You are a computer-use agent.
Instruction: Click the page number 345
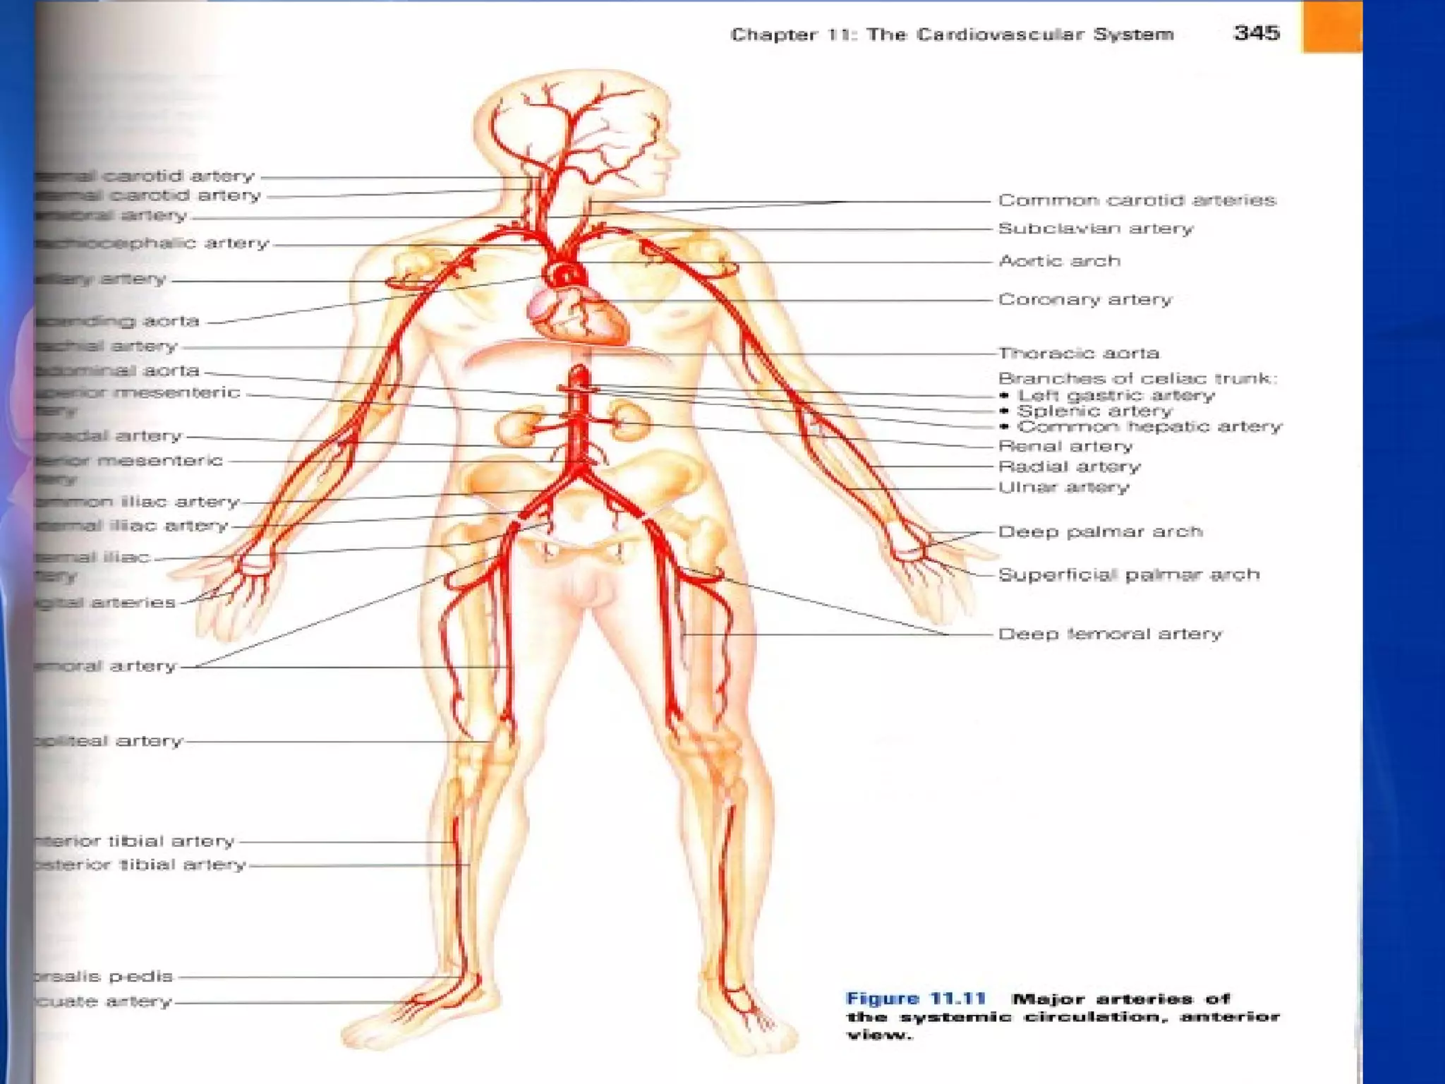[1256, 33]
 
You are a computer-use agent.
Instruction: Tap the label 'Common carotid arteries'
[1137, 200]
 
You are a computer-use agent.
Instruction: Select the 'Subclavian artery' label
[1095, 229]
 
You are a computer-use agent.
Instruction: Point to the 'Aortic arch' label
[1059, 261]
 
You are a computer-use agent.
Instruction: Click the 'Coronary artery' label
[1084, 300]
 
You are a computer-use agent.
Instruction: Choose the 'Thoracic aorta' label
[1079, 353]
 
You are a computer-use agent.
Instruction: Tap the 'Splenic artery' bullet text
[1094, 411]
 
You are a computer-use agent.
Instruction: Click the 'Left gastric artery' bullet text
[1116, 395]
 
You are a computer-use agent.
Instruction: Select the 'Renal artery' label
[1065, 446]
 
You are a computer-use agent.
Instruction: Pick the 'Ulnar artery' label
[1063, 487]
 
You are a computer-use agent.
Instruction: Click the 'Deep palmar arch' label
[1100, 531]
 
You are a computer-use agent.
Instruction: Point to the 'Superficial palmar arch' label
[1128, 574]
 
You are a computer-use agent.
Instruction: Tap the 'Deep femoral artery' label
[1110, 634]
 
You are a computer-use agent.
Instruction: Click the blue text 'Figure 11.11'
[915, 999]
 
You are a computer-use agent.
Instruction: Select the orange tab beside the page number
[1331, 27]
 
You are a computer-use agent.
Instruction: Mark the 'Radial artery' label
[1069, 466]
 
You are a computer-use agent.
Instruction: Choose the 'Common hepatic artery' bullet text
[1149, 426]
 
